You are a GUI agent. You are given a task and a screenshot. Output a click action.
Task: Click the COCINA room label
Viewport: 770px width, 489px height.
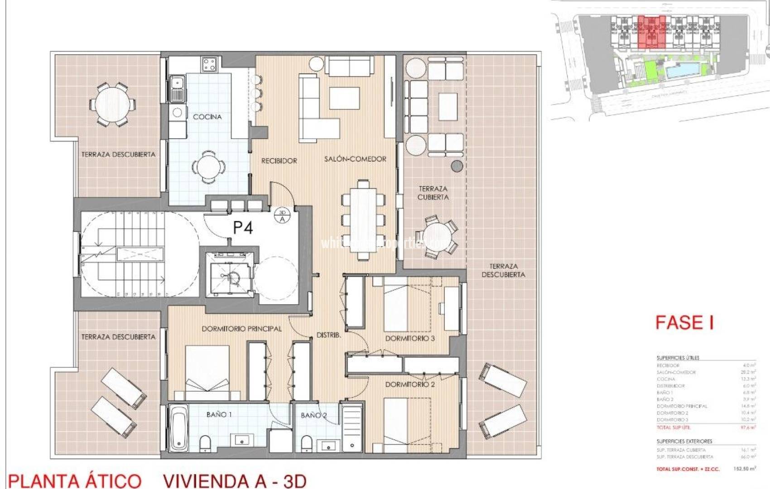coord(207,117)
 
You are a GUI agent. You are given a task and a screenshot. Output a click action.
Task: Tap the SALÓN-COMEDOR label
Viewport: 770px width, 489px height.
coord(355,159)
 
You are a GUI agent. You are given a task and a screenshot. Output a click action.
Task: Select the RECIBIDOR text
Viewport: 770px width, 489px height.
coord(279,161)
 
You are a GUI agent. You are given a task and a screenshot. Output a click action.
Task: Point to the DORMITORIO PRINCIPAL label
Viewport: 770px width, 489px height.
coord(241,329)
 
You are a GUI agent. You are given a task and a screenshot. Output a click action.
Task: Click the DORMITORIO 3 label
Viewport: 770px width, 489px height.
coord(410,338)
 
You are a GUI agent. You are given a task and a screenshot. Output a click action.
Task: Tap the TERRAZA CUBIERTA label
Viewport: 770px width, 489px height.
coord(433,193)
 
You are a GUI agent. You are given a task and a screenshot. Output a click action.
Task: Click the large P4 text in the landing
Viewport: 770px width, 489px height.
coord(243,227)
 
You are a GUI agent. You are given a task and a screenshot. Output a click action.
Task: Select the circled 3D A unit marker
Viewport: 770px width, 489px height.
coord(282,216)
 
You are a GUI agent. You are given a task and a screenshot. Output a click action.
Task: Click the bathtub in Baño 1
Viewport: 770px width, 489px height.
coord(179,428)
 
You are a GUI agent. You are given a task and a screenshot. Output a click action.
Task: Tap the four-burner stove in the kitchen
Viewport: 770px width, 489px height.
coord(209,64)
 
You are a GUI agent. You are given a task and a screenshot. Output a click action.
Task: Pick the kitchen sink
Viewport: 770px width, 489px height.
coord(177,88)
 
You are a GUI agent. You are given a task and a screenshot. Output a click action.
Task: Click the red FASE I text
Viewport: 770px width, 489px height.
coord(684,322)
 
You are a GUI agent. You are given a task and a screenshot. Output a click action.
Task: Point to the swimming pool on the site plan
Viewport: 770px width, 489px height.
coord(683,70)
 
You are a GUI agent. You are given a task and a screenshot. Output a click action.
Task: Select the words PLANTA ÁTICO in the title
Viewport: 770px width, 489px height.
coord(75,481)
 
